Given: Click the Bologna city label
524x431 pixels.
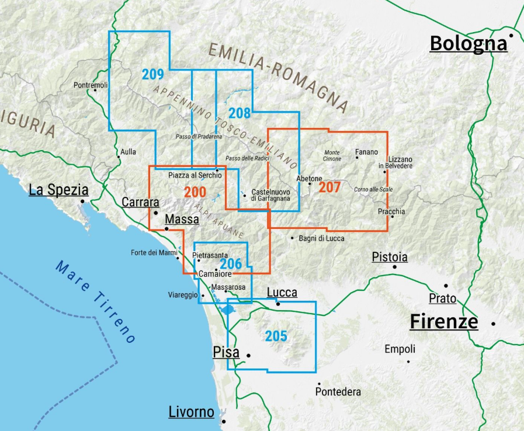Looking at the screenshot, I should (468, 44).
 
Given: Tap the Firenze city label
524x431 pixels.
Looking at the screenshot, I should (443, 322).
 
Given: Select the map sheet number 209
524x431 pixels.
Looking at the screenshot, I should (152, 74).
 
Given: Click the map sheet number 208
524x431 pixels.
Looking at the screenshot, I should (240, 113).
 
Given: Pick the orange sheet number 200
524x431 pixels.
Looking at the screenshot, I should (195, 192).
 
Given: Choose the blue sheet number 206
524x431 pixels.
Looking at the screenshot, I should (231, 263).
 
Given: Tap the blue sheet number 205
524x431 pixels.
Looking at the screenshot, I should (276, 336).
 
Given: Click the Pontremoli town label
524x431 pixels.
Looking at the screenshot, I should (91, 85).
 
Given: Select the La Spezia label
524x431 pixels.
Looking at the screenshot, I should (58, 190).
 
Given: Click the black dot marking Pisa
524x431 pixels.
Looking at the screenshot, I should (248, 354).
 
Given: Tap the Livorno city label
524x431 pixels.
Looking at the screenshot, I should (191, 412).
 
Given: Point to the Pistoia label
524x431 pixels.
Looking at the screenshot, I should (390, 257).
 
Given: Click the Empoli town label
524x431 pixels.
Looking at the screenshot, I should (400, 349).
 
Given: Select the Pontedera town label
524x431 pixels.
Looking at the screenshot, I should (338, 392).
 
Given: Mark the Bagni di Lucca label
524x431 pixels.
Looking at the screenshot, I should (321, 238).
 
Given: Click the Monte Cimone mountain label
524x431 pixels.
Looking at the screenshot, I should (332, 156).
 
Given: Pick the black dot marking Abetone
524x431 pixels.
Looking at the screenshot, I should (310, 184).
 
